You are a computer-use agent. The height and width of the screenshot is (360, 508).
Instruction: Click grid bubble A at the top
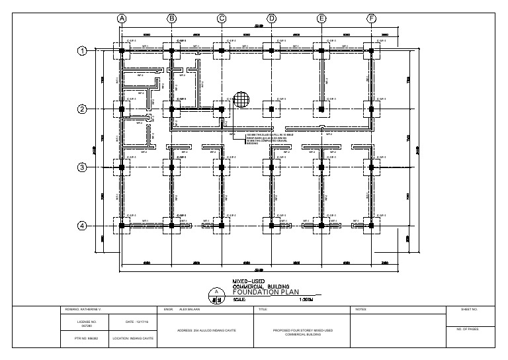(x=122, y=19)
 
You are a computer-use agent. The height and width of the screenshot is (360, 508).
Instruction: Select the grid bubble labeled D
(x=272, y=19)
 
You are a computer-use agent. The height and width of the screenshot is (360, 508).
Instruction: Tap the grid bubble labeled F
(x=372, y=19)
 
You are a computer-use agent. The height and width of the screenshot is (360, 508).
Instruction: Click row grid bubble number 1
(x=83, y=51)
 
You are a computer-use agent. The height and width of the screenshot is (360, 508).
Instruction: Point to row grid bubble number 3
(x=83, y=167)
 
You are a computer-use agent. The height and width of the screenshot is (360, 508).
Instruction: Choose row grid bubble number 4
(x=83, y=226)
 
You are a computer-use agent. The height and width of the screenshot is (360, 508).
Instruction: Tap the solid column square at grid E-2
(x=321, y=109)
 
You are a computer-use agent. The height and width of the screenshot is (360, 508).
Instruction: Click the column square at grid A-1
(x=122, y=51)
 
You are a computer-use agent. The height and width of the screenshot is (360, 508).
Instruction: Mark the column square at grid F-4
(x=372, y=226)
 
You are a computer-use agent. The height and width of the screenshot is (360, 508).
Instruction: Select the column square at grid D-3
(x=272, y=167)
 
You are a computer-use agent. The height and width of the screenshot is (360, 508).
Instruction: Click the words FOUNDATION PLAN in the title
(x=269, y=291)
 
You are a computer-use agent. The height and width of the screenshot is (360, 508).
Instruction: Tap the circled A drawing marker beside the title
(x=216, y=292)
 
